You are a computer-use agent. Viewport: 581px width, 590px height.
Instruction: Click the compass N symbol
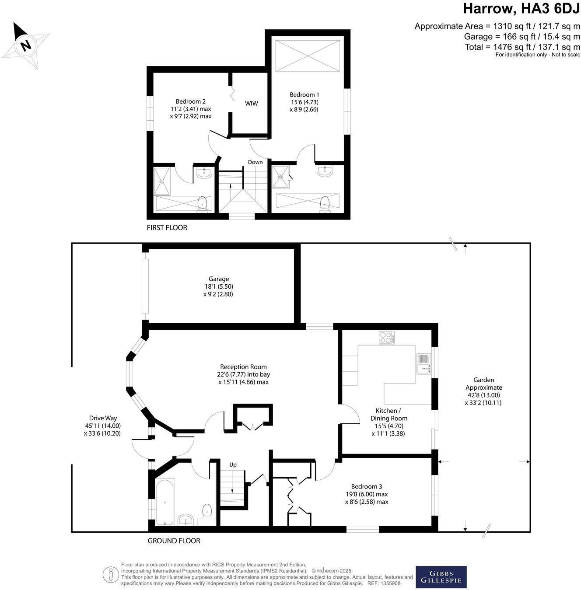(x=26, y=45)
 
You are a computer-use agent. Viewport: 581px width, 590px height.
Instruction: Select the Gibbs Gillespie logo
(x=441, y=577)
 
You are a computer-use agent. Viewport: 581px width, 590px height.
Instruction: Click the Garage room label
(x=218, y=279)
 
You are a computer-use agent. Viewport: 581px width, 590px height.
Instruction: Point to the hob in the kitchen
(x=386, y=338)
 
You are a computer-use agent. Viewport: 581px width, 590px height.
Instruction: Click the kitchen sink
(x=423, y=364)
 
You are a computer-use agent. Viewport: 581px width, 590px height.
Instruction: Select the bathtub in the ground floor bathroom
(x=164, y=502)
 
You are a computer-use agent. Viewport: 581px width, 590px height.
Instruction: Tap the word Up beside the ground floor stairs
(x=233, y=464)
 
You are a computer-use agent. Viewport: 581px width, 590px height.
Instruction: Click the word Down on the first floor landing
(x=255, y=162)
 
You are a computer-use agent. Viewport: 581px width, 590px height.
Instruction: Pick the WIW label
(x=251, y=104)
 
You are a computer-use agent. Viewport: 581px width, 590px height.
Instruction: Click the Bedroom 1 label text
(x=304, y=94)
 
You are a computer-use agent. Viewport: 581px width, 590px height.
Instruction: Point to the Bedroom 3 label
(x=367, y=486)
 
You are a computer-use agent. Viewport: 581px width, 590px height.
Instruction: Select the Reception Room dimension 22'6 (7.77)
(x=243, y=374)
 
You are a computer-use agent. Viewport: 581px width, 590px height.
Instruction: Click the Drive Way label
(x=103, y=418)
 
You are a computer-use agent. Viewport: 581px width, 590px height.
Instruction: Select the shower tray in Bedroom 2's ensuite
(x=163, y=180)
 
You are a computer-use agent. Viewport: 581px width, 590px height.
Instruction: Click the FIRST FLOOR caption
(x=167, y=227)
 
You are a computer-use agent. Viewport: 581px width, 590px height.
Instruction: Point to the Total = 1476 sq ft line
(x=522, y=47)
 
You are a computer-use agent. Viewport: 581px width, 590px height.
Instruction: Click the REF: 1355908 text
(x=384, y=583)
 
